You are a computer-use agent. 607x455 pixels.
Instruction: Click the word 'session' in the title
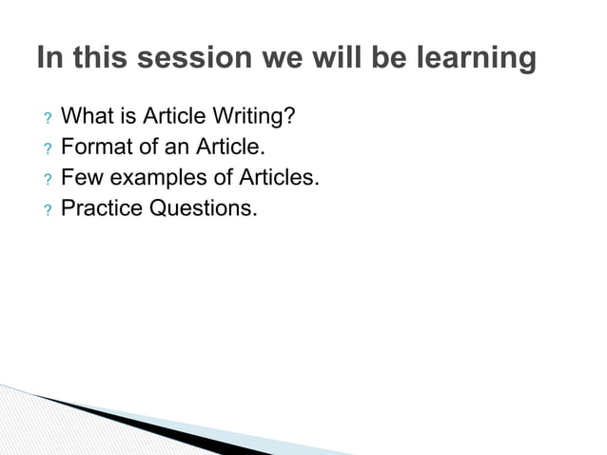click(195, 59)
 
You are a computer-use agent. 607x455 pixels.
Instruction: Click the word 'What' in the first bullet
click(87, 117)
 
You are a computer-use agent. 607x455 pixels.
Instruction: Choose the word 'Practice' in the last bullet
click(102, 208)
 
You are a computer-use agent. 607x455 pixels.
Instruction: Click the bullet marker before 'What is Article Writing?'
click(45, 120)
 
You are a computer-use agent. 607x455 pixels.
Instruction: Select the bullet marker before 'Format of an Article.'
click(45, 149)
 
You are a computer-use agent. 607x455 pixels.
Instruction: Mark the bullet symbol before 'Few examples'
click(45, 180)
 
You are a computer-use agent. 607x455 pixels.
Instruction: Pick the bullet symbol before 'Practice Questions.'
click(45, 209)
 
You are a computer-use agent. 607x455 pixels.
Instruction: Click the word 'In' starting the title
click(48, 59)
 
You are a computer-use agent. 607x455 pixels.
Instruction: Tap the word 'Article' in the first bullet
click(177, 117)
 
